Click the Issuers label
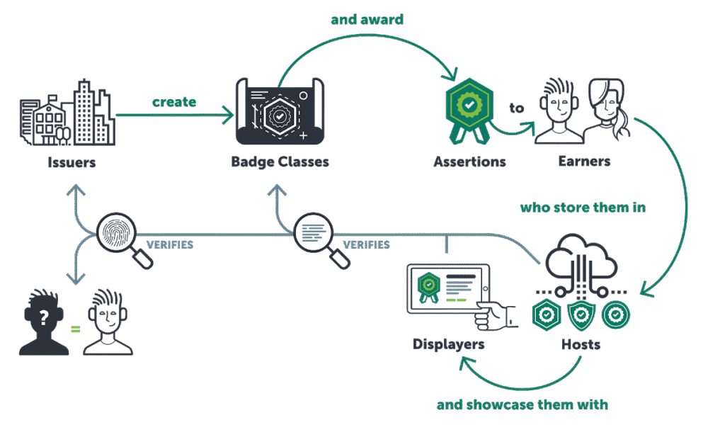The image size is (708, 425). [x=72, y=163]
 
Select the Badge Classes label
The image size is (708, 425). [x=280, y=162]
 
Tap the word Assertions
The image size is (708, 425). [x=470, y=162]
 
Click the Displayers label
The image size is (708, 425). [x=449, y=344]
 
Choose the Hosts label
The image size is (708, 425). [x=581, y=344]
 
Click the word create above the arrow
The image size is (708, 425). [x=174, y=102]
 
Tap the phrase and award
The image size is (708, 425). [x=367, y=19]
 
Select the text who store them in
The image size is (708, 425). [x=583, y=208]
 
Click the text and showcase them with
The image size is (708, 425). [x=522, y=405]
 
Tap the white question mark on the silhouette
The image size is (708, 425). [x=44, y=317]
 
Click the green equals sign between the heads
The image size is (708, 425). [x=74, y=329]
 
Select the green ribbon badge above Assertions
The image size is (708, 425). [x=469, y=106]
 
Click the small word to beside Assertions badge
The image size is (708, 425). [x=517, y=108]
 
